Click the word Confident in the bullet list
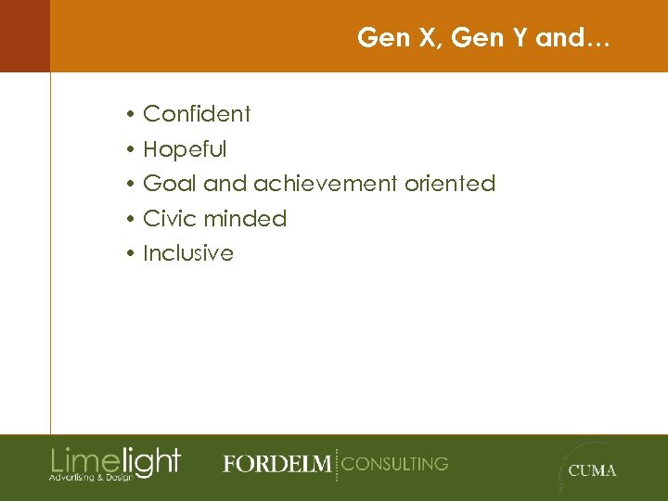[197, 114]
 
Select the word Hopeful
[185, 149]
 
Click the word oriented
[450, 184]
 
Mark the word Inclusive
[188, 253]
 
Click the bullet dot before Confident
[134, 115]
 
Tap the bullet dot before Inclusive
[134, 254]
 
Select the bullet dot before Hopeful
[134, 150]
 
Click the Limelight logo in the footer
[115, 460]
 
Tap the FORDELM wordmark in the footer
[276, 464]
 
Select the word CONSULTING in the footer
[395, 463]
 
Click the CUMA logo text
[592, 470]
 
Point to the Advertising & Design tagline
[91, 477]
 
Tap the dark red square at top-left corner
[24, 35]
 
